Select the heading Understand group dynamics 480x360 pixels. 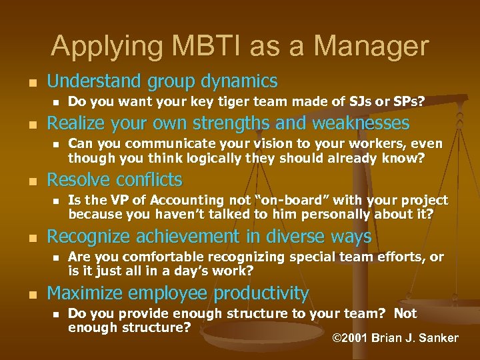point(162,81)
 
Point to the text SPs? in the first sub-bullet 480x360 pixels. point(407,101)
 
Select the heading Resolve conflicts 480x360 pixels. point(114,180)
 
